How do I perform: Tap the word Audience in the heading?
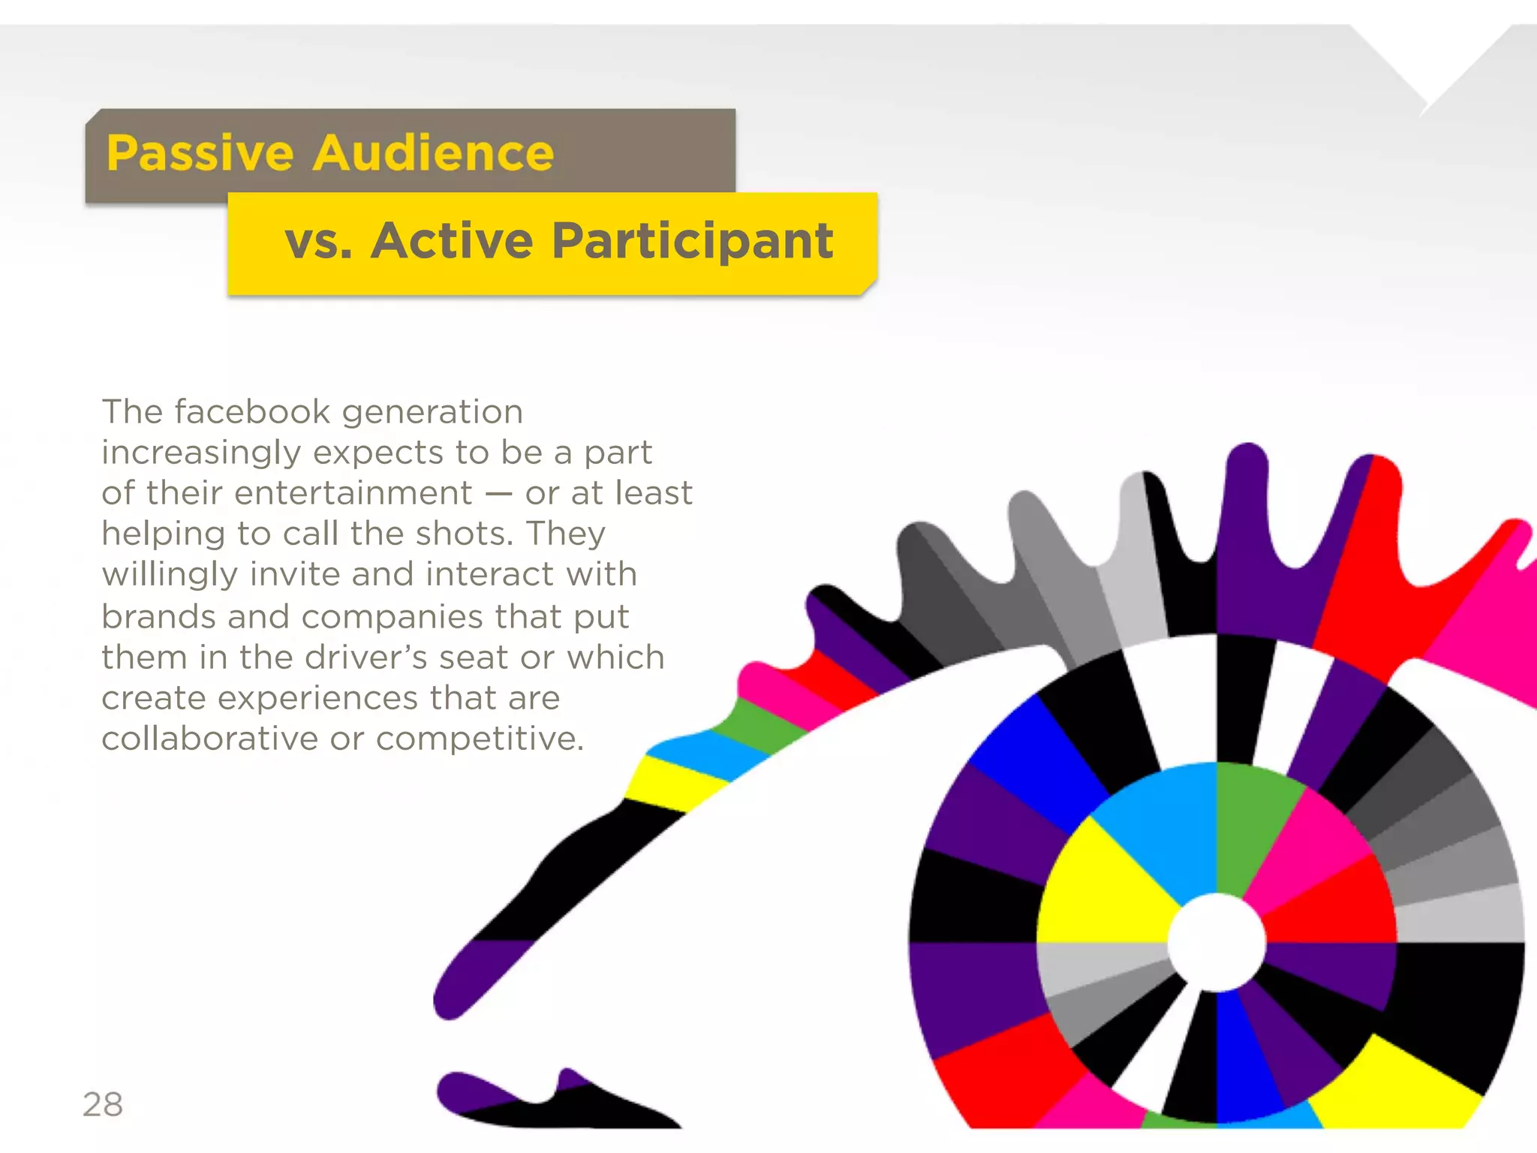pyautogui.click(x=434, y=154)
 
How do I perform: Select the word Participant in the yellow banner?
pyautogui.click(x=693, y=242)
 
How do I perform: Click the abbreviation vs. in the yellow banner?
pyautogui.click(x=319, y=242)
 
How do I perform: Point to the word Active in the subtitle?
pyautogui.click(x=452, y=242)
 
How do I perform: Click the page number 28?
pyautogui.click(x=103, y=1104)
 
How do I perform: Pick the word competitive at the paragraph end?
pyautogui.click(x=480, y=739)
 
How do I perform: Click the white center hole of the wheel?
pyautogui.click(x=1217, y=942)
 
